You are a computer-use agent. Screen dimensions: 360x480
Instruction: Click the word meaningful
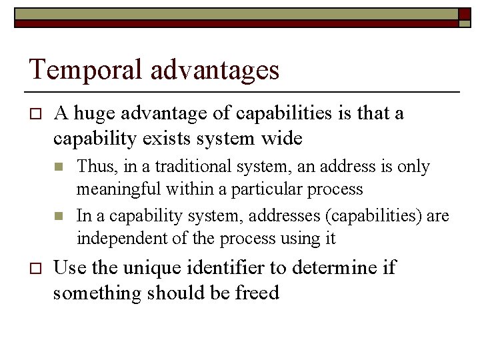point(118,189)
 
